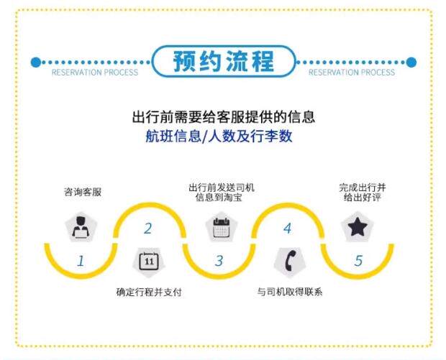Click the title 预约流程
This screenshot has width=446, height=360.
pos(223,62)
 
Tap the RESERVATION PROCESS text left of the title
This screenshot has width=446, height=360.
pos(94,73)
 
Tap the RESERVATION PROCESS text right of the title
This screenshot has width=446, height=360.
pos(352,73)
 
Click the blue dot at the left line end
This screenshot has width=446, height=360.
pos(36,63)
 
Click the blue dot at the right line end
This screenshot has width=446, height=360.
pos(411,63)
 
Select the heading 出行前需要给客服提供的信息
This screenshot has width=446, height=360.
pos(224,116)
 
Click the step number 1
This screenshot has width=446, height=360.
pos(81,262)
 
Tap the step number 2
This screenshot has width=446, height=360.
pos(148,229)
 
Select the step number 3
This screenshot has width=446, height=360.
pos(219,262)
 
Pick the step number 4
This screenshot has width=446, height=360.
pos(288,229)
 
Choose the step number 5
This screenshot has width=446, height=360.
pos(358,262)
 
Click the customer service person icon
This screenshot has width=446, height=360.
pos(81,228)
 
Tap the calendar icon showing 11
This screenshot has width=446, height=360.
pos(149,261)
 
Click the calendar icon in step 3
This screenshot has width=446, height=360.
pos(220,228)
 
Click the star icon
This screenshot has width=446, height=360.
pos(357,228)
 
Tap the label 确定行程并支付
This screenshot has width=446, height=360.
pos(149,292)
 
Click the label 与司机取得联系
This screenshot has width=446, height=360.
pos(289,292)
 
